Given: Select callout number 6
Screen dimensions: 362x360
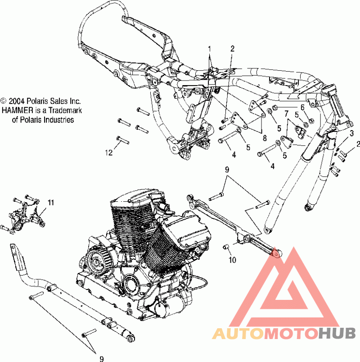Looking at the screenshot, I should [x=302, y=107].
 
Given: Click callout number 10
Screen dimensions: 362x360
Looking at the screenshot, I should [x=232, y=260].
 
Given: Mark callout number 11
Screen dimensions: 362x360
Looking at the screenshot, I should [x=50, y=203].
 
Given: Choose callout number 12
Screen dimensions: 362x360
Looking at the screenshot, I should [x=108, y=153].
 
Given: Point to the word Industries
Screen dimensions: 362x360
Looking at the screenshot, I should [x=58, y=120].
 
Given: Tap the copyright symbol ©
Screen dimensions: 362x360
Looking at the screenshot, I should [x=4, y=101].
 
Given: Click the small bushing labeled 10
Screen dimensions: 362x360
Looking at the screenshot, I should [x=227, y=247].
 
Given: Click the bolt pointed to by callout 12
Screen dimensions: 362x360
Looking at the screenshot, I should [x=120, y=139].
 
